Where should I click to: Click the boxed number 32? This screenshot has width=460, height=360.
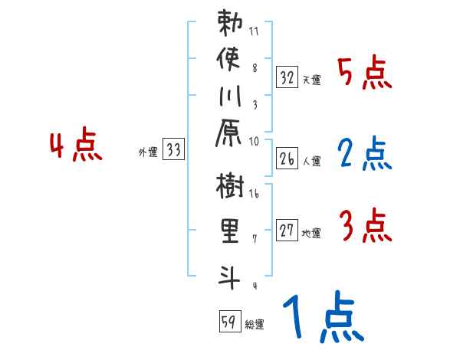click(287, 77)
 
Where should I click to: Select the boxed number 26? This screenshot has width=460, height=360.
click(287, 159)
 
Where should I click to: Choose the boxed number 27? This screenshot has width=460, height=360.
click(287, 231)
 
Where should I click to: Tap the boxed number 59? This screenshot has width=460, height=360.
click(228, 322)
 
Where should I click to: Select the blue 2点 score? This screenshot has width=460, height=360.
click(365, 154)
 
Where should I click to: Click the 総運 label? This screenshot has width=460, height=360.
click(255, 325)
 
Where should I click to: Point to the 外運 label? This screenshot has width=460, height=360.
click(148, 152)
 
